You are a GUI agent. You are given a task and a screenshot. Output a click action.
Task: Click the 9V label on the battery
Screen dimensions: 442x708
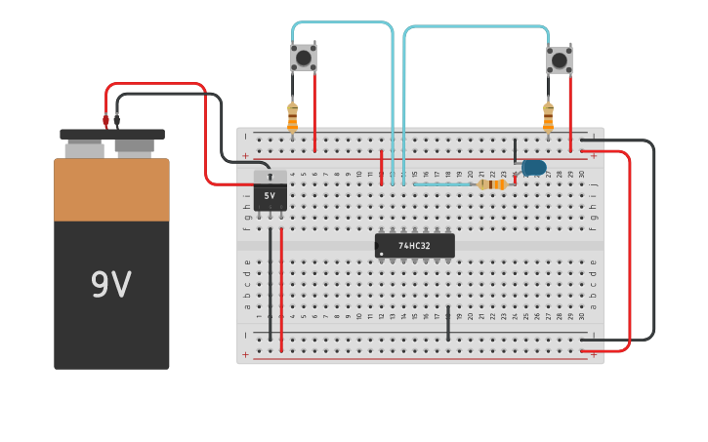coord(110,285)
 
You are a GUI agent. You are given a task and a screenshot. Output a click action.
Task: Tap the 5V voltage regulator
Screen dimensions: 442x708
coord(271,194)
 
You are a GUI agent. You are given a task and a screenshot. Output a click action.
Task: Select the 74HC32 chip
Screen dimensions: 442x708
coord(415,246)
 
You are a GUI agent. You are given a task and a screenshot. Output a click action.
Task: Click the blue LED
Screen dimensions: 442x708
coord(533,168)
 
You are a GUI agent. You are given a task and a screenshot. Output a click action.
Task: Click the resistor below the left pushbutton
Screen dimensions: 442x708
coord(292,117)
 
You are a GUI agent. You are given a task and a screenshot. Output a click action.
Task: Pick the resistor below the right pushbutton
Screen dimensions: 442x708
coord(548,117)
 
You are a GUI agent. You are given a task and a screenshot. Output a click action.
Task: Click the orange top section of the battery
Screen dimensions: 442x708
coord(111,190)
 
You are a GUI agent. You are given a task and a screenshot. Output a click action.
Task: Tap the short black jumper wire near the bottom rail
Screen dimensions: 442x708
coord(448,323)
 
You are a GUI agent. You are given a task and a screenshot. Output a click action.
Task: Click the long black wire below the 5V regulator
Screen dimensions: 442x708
coord(271,283)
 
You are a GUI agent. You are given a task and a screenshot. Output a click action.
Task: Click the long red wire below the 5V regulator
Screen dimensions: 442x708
coord(281,288)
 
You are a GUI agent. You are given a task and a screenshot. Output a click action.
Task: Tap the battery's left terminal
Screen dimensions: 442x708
coord(85,149)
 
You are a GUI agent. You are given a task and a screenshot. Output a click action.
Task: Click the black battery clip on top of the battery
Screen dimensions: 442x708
coord(111,135)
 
